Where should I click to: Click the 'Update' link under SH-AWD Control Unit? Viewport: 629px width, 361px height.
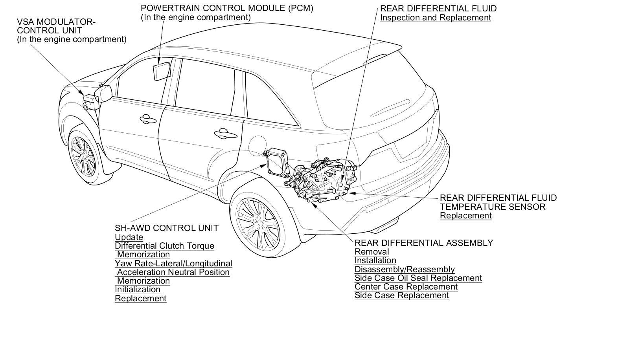129,237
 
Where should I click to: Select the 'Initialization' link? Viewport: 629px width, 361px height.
138,290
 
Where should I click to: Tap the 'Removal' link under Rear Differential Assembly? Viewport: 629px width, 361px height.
372,252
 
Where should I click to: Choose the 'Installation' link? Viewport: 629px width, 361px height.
375,260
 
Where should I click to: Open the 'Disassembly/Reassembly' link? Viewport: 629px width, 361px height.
405,269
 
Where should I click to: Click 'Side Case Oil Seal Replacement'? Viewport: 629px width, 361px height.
418,278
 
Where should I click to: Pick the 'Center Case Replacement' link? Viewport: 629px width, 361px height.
406,287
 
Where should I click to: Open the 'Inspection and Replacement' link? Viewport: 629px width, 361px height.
435,18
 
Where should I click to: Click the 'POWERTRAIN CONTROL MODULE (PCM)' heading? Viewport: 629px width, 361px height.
227,8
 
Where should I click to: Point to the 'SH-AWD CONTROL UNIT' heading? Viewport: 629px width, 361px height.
167,228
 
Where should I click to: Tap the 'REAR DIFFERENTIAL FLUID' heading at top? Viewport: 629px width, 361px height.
438,8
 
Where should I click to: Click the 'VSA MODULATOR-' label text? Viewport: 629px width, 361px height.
56,22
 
